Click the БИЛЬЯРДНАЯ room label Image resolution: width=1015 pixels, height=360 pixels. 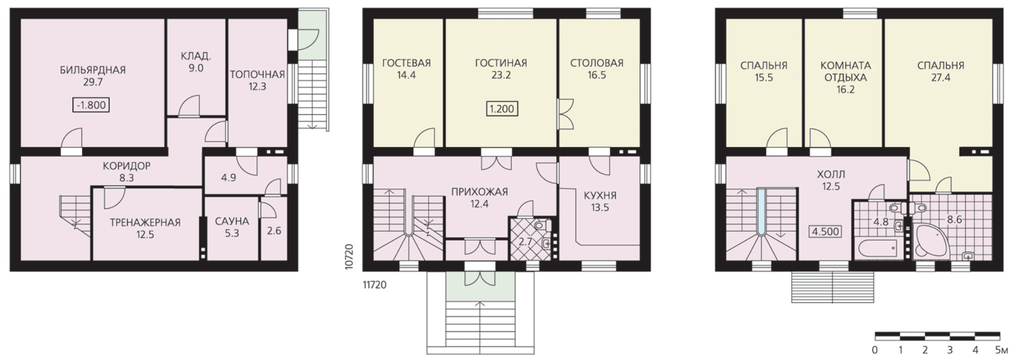[93, 70]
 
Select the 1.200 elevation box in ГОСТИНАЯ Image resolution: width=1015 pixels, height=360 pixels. [501, 109]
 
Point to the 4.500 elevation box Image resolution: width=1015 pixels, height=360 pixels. [826, 232]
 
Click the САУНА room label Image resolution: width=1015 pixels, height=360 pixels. [232, 221]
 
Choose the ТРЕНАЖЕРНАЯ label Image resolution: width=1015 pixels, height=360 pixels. [145, 223]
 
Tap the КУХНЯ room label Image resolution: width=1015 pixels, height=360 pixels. [600, 196]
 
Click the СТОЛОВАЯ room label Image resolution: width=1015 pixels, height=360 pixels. [597, 63]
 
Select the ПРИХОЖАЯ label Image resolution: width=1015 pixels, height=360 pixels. [479, 191]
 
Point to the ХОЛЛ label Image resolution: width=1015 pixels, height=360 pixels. [831, 174]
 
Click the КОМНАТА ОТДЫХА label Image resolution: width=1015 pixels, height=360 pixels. [845, 71]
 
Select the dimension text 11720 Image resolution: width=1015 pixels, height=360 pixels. [374, 285]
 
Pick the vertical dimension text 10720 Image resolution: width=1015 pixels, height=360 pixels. [349, 257]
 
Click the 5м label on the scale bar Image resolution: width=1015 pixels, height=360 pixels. [1001, 350]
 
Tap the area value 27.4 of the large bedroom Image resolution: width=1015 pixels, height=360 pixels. [940, 78]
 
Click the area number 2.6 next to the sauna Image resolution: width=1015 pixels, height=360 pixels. [274, 230]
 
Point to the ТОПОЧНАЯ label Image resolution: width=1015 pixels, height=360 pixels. [257, 75]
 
